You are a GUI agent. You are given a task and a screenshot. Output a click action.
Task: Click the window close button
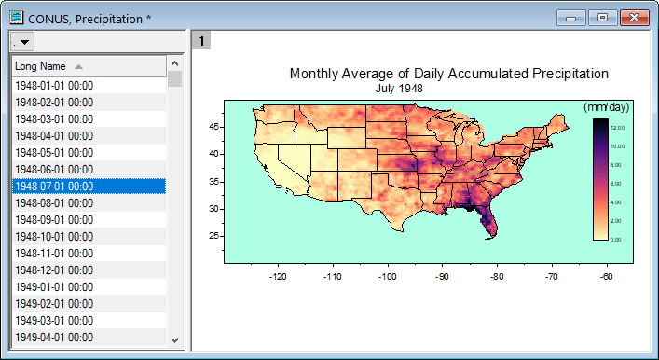pos(635,18)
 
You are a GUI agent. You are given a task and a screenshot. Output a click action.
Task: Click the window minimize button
pos(571,18)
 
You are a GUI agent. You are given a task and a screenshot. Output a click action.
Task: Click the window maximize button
pos(602,18)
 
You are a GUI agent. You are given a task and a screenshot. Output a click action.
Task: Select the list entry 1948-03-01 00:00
pos(53,118)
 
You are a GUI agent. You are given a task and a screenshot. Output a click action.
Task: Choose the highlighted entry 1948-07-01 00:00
pos(53,186)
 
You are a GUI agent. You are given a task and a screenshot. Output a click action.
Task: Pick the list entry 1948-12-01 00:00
pos(53,270)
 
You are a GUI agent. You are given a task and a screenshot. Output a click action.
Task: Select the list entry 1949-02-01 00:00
pos(53,303)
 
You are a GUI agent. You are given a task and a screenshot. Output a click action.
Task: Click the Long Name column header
pos(41,66)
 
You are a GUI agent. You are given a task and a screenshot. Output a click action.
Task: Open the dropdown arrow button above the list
pos(22,42)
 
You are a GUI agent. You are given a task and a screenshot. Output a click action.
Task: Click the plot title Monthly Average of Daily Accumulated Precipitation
pos(448,74)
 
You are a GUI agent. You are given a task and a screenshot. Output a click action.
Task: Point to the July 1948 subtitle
pos(399,89)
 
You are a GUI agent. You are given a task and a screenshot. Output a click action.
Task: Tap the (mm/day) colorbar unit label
pos(606,107)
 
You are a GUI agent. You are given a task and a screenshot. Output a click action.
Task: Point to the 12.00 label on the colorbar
pos(618,127)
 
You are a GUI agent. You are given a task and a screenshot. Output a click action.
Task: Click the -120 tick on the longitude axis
pos(278,276)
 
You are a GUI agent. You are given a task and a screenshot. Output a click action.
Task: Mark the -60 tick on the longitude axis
pos(607,276)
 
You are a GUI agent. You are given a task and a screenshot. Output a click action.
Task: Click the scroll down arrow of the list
pos(174,339)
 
